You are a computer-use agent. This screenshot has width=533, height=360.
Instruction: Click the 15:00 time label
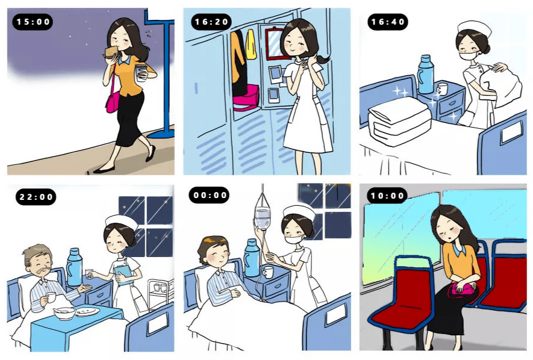point(33,22)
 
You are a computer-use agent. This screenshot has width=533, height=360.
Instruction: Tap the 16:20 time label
point(211,22)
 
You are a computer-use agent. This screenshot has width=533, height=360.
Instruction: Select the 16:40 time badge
point(388,22)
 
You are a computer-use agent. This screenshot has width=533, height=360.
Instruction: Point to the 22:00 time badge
point(36,197)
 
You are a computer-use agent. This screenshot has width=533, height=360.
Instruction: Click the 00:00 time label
point(210,195)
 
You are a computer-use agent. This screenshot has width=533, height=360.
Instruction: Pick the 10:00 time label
point(387,196)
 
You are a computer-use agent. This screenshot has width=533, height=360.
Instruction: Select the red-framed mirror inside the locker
point(274,43)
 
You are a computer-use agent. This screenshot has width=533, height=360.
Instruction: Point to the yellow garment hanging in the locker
point(251,45)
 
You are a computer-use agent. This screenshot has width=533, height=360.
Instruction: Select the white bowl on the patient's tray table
point(64,313)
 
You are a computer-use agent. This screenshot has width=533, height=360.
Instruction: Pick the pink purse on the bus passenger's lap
point(462,291)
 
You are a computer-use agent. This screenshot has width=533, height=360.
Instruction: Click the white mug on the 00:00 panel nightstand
point(268,272)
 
